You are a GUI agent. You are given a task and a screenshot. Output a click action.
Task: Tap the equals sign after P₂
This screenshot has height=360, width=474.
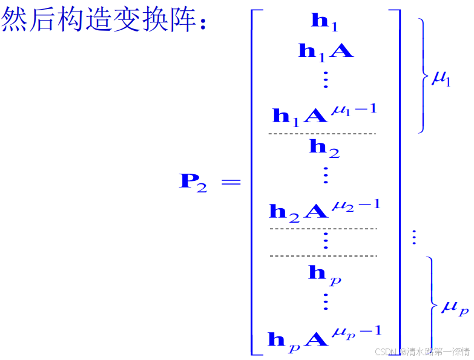click(x=231, y=182)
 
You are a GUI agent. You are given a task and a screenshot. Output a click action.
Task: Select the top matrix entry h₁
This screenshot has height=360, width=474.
click(x=324, y=22)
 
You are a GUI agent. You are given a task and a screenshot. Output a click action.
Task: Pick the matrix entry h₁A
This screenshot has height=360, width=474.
click(x=325, y=51)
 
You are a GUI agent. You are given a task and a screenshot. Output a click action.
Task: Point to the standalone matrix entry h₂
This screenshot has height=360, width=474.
click(x=324, y=147)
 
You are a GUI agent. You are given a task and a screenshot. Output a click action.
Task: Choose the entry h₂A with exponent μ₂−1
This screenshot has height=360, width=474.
click(x=324, y=208)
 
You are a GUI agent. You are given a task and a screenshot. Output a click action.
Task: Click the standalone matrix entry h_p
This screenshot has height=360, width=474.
click(x=324, y=273)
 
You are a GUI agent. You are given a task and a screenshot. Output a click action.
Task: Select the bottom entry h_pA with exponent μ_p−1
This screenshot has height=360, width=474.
click(x=324, y=336)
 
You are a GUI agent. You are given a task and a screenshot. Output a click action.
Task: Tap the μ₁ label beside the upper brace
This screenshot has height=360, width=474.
click(x=441, y=79)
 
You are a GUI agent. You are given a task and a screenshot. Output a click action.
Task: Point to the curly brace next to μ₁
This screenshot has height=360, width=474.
click(x=423, y=75)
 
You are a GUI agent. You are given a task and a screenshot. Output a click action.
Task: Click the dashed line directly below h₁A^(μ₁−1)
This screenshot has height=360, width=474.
click(x=322, y=133)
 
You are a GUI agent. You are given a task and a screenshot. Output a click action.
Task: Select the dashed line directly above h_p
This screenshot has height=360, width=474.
click(x=323, y=256)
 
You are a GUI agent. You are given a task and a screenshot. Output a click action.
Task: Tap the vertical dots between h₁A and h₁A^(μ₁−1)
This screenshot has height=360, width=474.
click(x=325, y=80)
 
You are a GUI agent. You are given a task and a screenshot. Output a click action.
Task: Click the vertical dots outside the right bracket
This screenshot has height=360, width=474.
click(x=414, y=237)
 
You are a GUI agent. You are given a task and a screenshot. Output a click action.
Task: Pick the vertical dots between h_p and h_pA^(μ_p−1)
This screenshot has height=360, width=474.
click(x=325, y=302)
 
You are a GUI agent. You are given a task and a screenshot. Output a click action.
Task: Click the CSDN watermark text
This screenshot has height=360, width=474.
click(x=422, y=352)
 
